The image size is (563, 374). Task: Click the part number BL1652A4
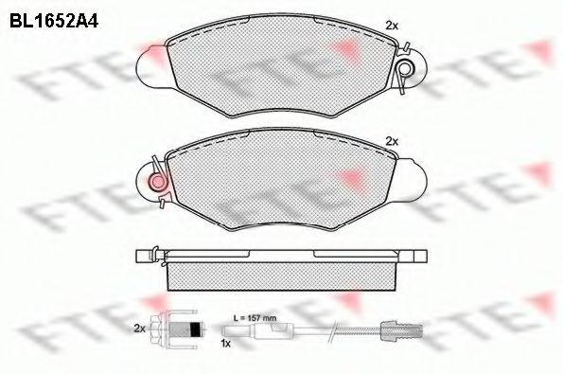[54, 22]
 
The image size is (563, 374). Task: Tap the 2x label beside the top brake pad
[392, 26]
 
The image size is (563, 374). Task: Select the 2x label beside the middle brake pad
[392, 142]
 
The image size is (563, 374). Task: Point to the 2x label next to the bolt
[139, 329]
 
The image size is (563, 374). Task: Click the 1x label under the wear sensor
[225, 344]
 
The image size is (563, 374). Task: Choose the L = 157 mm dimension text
[255, 318]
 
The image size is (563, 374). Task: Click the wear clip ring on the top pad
[406, 68]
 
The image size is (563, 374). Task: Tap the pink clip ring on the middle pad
[157, 182]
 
